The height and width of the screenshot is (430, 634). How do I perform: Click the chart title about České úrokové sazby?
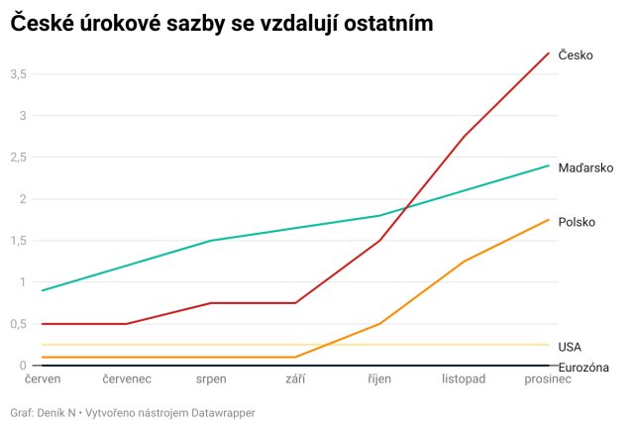(222, 22)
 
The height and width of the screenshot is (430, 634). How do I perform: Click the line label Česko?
(576, 55)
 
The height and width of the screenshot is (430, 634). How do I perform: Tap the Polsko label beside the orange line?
(577, 222)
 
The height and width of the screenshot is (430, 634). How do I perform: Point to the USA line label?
(570, 346)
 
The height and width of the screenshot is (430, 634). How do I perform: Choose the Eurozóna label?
(583, 368)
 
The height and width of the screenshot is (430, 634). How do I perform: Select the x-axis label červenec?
(127, 379)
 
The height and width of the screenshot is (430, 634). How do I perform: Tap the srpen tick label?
(211, 379)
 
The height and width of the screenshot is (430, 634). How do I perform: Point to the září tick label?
(295, 379)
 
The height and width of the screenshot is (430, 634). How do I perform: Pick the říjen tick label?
(380, 379)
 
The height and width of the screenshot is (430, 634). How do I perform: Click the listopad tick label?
(465, 379)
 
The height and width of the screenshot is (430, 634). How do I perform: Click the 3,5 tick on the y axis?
(18, 74)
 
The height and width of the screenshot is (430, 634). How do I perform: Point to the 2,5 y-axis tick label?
(18, 158)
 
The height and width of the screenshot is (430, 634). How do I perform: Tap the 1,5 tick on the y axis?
(18, 241)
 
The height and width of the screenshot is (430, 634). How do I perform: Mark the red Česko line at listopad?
(465, 136)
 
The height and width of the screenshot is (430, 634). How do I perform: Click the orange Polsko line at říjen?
(380, 323)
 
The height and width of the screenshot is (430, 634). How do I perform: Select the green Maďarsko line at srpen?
(211, 241)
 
